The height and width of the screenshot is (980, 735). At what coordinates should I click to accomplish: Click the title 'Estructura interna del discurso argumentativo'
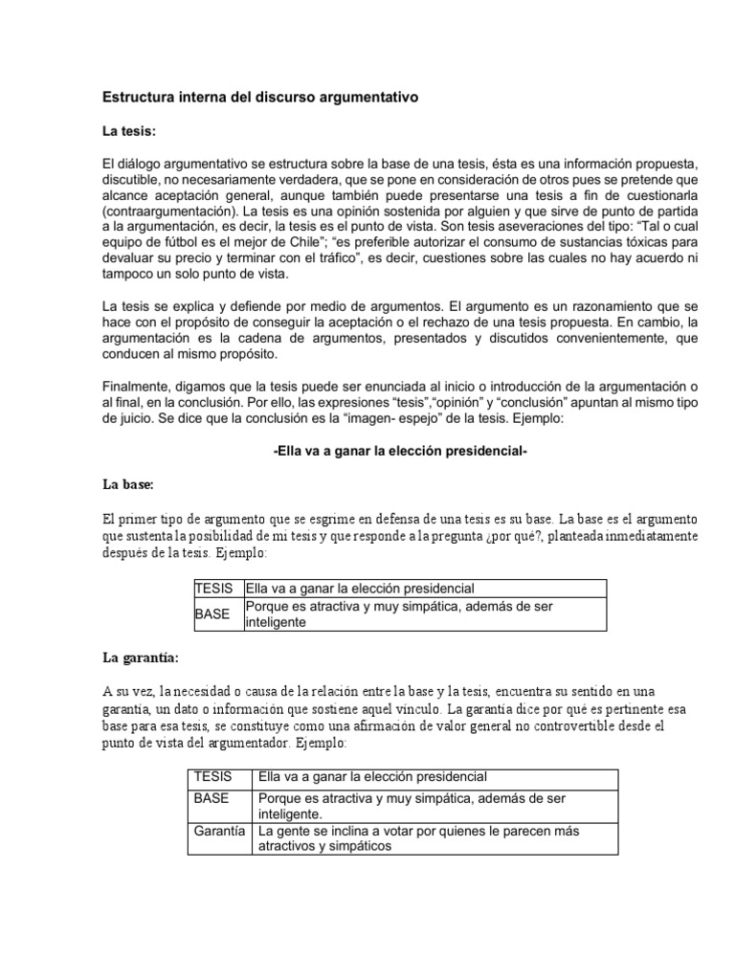(x=259, y=98)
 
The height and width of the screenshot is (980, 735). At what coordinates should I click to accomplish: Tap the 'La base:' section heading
(x=128, y=485)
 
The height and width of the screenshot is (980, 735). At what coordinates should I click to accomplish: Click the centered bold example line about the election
(x=400, y=452)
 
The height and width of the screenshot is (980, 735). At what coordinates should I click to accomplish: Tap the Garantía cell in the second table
(x=219, y=831)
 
